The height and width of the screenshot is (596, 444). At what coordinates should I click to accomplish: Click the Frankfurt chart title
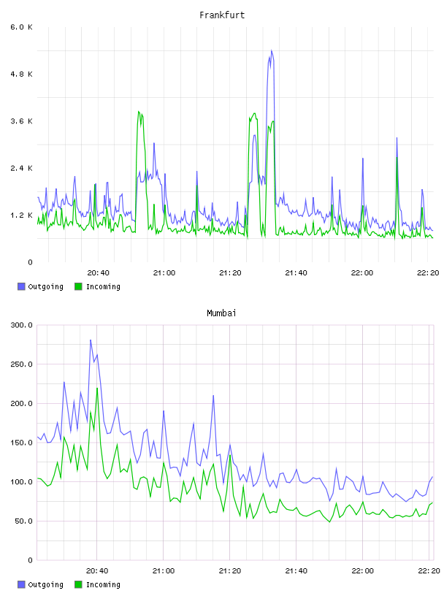tap(222, 15)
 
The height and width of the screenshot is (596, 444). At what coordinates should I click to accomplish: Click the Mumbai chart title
tap(221, 313)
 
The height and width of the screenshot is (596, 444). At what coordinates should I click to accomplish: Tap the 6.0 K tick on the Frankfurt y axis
tap(22, 27)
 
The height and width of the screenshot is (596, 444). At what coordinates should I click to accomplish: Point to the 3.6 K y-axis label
tap(22, 121)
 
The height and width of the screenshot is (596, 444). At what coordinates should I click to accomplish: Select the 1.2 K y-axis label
tap(22, 215)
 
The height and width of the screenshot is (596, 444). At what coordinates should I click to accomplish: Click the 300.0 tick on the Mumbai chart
tap(22, 325)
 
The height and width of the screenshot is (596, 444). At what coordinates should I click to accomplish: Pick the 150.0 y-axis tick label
tap(22, 443)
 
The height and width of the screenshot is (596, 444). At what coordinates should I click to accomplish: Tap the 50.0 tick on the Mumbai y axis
tap(23, 521)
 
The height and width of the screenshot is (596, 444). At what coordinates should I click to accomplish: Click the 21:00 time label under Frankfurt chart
tap(164, 272)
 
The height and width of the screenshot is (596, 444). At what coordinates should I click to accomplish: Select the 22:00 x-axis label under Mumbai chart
tap(362, 570)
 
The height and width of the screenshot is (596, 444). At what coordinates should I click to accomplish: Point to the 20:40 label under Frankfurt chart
tap(98, 272)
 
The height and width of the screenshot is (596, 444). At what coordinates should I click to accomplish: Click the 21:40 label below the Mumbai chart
tap(296, 570)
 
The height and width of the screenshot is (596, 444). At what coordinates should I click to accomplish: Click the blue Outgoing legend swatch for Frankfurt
tap(21, 286)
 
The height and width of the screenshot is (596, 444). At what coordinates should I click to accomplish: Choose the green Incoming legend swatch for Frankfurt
tap(78, 286)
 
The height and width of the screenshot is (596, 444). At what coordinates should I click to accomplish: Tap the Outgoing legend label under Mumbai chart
tap(45, 584)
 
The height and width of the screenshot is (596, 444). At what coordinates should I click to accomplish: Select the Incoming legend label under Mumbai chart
tap(103, 584)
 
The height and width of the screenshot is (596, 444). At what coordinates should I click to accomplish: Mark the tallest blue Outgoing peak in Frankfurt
tap(272, 50)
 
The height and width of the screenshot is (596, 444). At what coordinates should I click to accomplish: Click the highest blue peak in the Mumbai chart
tap(91, 340)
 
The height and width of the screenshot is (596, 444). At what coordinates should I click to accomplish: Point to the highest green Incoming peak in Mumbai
tap(97, 388)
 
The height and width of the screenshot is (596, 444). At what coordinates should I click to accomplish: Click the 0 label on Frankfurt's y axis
tap(30, 262)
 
